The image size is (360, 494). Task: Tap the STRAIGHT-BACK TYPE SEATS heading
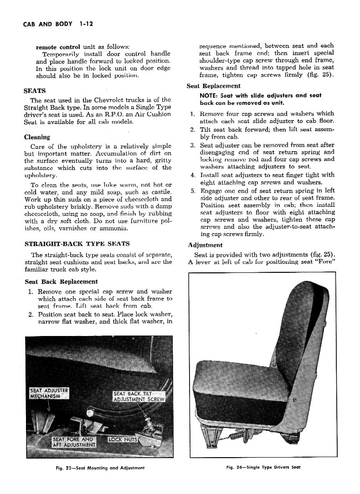point(77,244)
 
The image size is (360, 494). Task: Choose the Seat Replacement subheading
point(214,86)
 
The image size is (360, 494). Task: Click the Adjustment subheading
point(205,245)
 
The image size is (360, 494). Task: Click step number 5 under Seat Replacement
point(193,190)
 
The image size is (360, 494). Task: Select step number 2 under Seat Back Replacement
point(30,314)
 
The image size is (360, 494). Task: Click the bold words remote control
point(58,46)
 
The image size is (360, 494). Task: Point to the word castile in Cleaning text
point(159,191)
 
